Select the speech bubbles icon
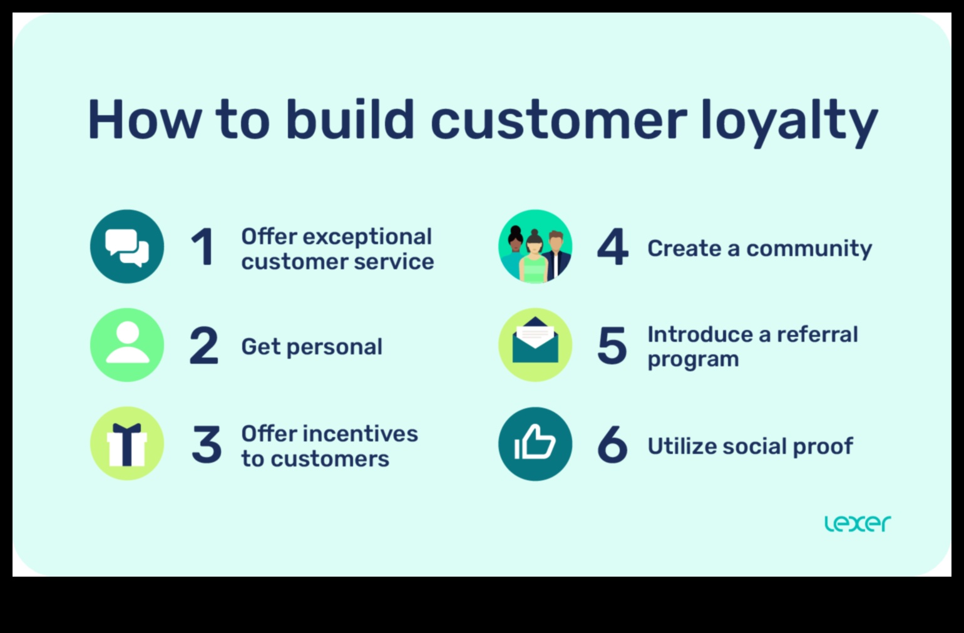click(x=127, y=247)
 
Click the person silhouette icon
click(x=127, y=345)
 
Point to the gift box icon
click(x=127, y=444)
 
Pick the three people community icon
click(x=535, y=247)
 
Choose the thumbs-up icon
click(x=535, y=444)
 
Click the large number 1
click(x=203, y=247)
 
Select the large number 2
click(x=204, y=346)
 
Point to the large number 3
click(x=206, y=445)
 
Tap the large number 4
click(x=612, y=247)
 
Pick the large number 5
click(x=612, y=346)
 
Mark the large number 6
click(x=612, y=445)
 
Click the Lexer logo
click(x=858, y=523)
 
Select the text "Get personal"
click(x=312, y=347)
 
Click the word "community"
click(x=809, y=249)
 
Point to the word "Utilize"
click(x=682, y=446)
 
